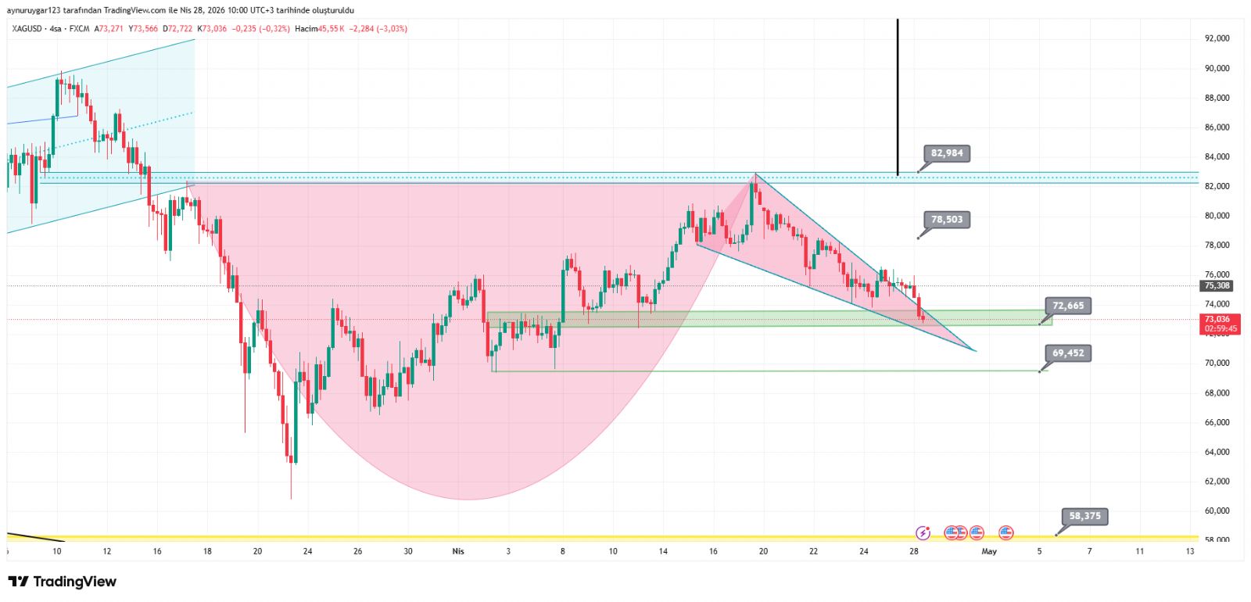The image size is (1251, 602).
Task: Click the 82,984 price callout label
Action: coord(947,153)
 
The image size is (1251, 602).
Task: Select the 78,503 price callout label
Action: coord(947,220)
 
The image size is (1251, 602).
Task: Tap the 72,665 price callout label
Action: coord(1068,306)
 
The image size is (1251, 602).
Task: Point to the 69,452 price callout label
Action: coord(1068,353)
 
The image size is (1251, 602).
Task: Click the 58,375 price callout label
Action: coord(1084,516)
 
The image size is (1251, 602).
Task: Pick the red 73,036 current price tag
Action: coord(1220,324)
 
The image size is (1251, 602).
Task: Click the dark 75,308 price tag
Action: coord(1217,286)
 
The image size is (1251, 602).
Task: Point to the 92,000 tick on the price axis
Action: coord(1217,38)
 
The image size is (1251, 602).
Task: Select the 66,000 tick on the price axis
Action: coord(1217,423)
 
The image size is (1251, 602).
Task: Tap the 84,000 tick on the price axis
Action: coord(1217,157)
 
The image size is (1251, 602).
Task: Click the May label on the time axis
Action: coord(989,551)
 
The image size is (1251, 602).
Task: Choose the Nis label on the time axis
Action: coord(458,551)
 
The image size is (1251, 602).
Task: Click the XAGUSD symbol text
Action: coord(27,29)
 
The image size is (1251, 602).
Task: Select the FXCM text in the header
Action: coord(79,29)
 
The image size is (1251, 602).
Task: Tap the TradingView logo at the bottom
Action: coord(63,582)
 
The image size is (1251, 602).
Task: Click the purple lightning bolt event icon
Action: coord(923,533)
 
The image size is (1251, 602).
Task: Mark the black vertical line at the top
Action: coord(898,94)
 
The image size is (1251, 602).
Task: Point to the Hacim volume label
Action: coord(306,29)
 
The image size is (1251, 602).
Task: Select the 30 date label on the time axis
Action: coord(408,551)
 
